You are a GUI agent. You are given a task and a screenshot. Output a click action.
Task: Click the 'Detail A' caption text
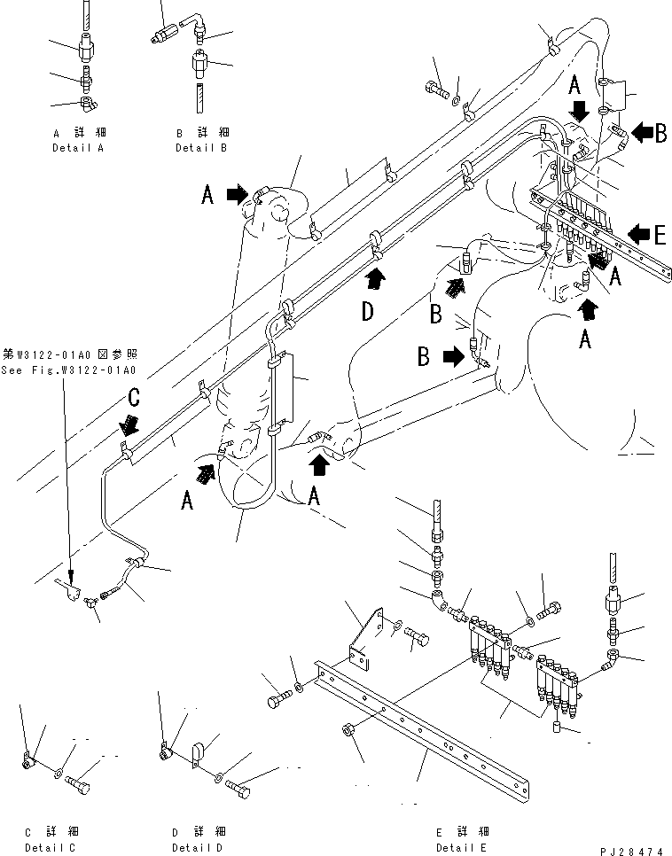point(77,148)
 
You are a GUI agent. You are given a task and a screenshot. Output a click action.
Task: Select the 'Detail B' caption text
point(200,148)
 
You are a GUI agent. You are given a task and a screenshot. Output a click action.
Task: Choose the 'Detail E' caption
point(462,847)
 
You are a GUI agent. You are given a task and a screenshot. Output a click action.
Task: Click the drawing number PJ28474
point(632,850)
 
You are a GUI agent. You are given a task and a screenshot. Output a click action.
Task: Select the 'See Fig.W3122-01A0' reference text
point(69,371)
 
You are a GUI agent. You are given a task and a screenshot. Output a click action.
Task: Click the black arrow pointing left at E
point(636,234)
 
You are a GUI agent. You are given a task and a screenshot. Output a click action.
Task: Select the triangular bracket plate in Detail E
point(365,634)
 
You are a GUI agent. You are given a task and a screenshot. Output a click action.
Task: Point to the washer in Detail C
point(59,775)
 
